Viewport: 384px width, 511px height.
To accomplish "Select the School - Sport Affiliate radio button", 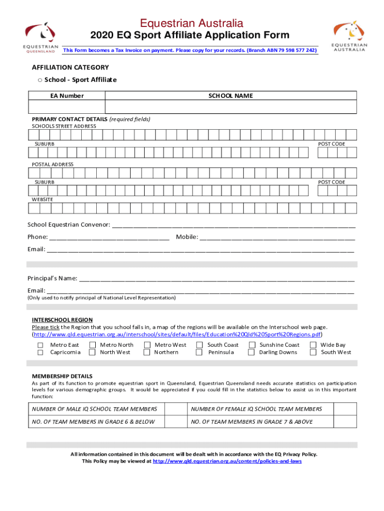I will pos(39,80).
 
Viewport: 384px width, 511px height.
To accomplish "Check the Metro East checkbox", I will pos(40,345).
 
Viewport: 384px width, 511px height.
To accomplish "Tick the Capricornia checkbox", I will pos(40,352).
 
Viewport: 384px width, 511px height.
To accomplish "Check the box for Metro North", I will pos(92,345).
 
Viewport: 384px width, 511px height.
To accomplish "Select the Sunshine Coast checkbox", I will pos(252,345).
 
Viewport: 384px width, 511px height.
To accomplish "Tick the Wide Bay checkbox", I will pos(313,345).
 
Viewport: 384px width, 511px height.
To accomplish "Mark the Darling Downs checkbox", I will pos(252,352).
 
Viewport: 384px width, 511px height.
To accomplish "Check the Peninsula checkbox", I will pos(199,352).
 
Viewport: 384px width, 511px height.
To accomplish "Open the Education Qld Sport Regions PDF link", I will pos(178,334).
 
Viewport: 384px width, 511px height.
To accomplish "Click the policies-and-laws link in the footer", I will pos(227,462).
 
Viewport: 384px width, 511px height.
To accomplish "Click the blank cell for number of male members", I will pos(176,409).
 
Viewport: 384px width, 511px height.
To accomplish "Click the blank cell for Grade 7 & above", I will pos(345,422).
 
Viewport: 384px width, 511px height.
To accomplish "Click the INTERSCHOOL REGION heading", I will pos(62,320).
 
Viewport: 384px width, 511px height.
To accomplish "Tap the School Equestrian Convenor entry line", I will pos(233,225).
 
